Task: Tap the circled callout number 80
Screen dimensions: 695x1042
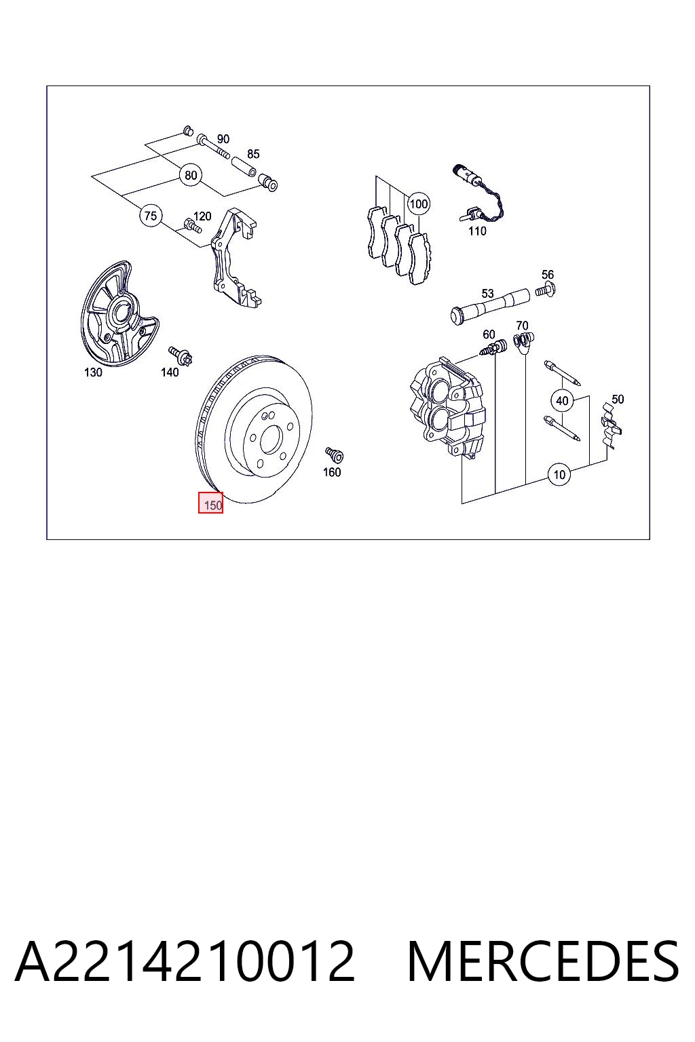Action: tap(191, 176)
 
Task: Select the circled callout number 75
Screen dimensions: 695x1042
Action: tap(151, 216)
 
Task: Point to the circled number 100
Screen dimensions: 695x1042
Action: tap(419, 204)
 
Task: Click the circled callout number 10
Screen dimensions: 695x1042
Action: tap(559, 474)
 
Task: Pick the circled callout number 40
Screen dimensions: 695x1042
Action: tap(563, 400)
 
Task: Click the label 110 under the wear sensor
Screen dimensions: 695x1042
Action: tap(477, 231)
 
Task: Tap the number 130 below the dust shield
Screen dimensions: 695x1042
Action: tap(93, 372)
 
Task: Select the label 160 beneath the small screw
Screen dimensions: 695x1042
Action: tap(332, 472)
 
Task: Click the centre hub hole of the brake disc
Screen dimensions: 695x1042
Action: tap(271, 440)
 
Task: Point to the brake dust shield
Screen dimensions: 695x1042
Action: tap(119, 314)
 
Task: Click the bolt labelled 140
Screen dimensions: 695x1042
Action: tap(181, 355)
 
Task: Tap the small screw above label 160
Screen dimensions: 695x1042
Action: tap(334, 455)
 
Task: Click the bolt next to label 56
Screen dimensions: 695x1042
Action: tap(546, 290)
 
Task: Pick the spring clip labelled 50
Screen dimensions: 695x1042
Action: tap(612, 425)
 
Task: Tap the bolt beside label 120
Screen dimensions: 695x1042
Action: tap(192, 226)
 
